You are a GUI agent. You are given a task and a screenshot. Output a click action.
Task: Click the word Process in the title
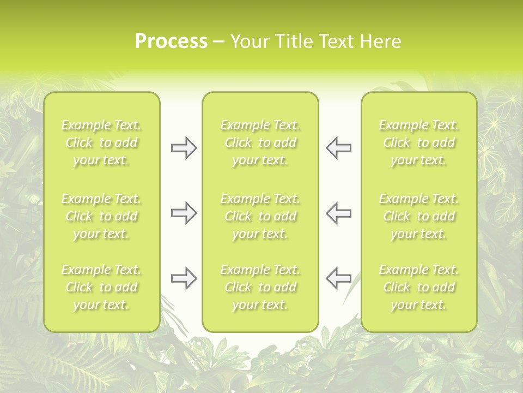[x=171, y=41]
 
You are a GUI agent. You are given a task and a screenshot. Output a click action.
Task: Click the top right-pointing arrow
[x=184, y=148]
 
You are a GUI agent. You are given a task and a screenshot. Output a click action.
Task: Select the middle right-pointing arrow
[x=184, y=213]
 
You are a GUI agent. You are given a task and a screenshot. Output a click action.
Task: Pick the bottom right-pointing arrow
[x=184, y=278]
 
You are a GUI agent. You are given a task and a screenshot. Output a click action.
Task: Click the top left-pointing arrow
[x=338, y=148]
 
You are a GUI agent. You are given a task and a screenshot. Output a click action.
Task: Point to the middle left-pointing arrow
[x=338, y=213]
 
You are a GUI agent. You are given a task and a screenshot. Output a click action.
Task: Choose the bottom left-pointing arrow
[x=338, y=278]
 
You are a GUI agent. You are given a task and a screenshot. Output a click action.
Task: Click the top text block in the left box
[x=101, y=143]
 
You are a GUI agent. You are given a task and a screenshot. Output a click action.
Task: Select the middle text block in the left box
[x=101, y=216]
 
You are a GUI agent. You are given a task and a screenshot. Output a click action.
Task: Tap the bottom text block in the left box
[x=101, y=287]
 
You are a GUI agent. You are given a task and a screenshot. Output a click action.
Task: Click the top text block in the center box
[x=260, y=143]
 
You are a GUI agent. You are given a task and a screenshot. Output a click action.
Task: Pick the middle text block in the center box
[x=260, y=216]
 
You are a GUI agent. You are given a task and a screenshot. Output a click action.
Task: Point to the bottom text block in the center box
[x=260, y=287]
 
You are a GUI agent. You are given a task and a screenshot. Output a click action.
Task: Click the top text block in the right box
[x=419, y=143]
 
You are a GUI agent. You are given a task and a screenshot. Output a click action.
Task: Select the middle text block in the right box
[x=419, y=216]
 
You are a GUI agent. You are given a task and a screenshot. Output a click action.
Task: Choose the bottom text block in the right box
[x=419, y=287]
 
